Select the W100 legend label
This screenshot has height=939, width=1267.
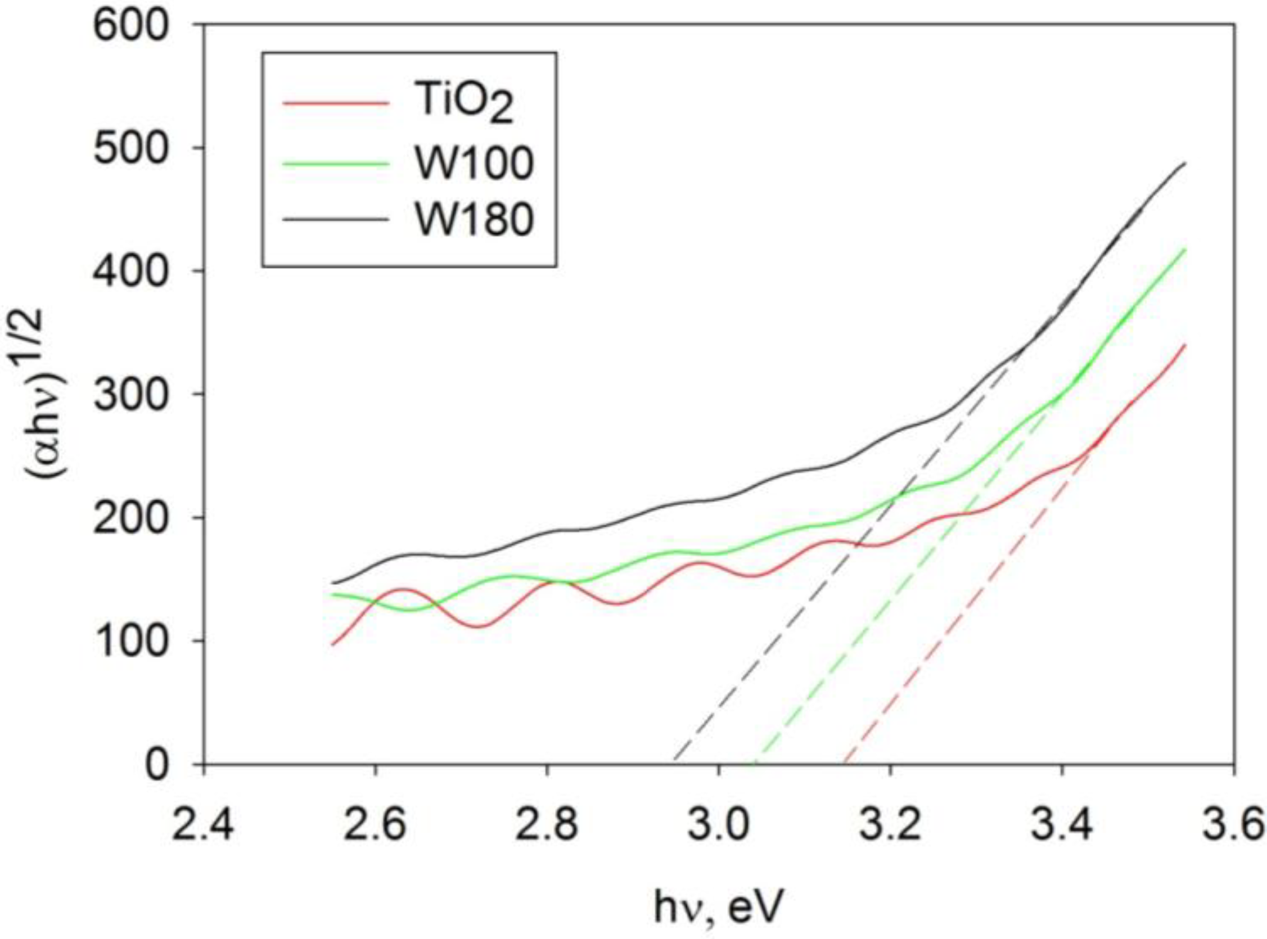tap(474, 164)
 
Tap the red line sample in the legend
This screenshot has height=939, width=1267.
tap(336, 104)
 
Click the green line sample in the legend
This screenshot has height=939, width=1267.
tap(336, 164)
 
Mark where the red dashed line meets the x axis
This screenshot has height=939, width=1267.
tap(845, 764)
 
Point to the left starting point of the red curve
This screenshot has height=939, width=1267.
tap(332, 645)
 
